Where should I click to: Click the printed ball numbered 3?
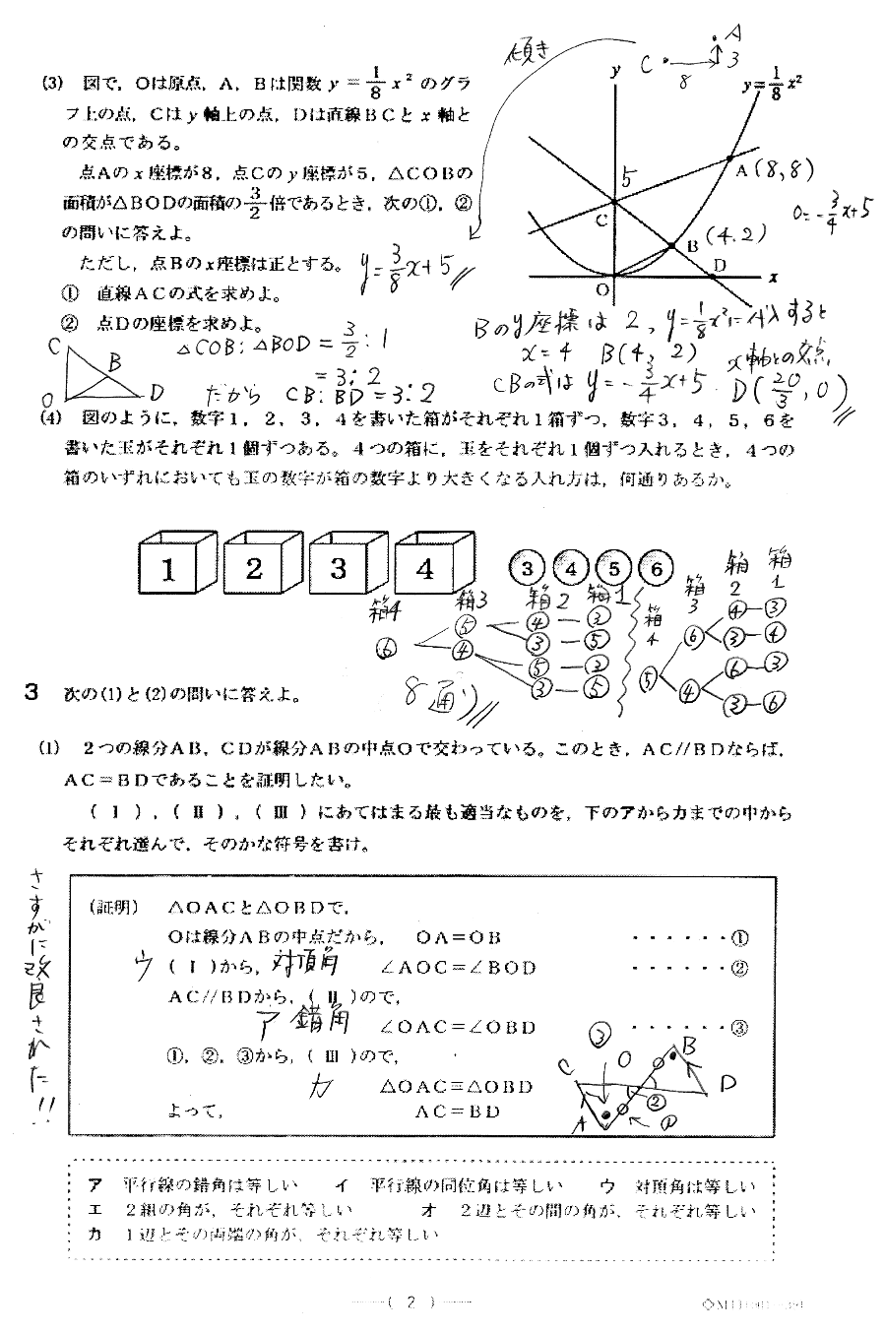point(527,568)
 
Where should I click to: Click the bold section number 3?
point(32,693)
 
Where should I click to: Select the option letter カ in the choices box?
point(95,1233)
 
